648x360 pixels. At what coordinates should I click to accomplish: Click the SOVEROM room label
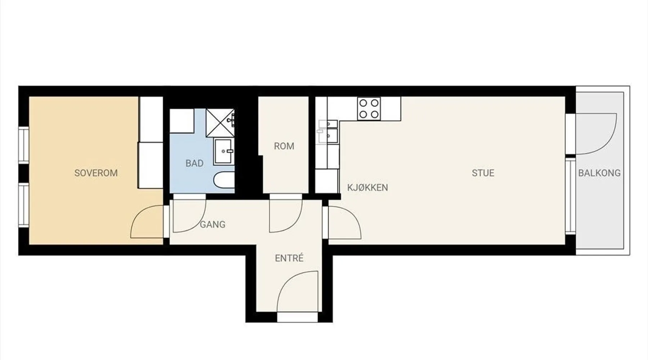96,173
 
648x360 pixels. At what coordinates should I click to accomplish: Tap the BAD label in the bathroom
194,163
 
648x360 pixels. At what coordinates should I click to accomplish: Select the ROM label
284,146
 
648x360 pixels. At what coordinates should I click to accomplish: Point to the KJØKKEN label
368,188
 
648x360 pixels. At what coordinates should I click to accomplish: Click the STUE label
483,173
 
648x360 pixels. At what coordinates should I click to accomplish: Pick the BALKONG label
599,173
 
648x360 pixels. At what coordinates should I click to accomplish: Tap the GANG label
212,225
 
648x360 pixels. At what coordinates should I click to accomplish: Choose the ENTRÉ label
289,258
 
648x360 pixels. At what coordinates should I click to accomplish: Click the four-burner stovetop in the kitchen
369,109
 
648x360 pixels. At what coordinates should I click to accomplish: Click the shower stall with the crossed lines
220,123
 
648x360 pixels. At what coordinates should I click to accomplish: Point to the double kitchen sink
328,131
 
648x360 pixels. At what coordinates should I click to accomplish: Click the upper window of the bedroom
24,145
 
